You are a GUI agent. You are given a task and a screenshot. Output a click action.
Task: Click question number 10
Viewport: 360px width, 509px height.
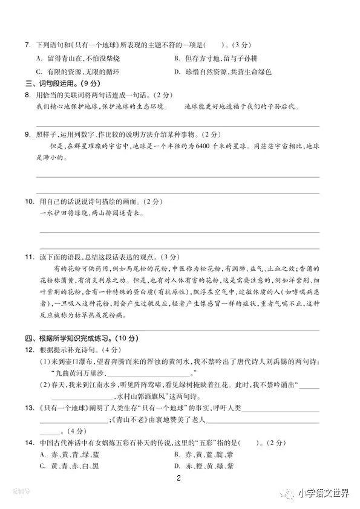click(x=28, y=201)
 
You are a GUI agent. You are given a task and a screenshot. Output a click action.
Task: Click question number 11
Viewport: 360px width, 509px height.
click(x=28, y=256)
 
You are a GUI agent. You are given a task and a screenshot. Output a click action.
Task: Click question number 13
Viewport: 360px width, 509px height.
click(x=28, y=408)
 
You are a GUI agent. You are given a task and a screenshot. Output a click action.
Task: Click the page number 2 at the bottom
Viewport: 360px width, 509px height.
click(x=178, y=479)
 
